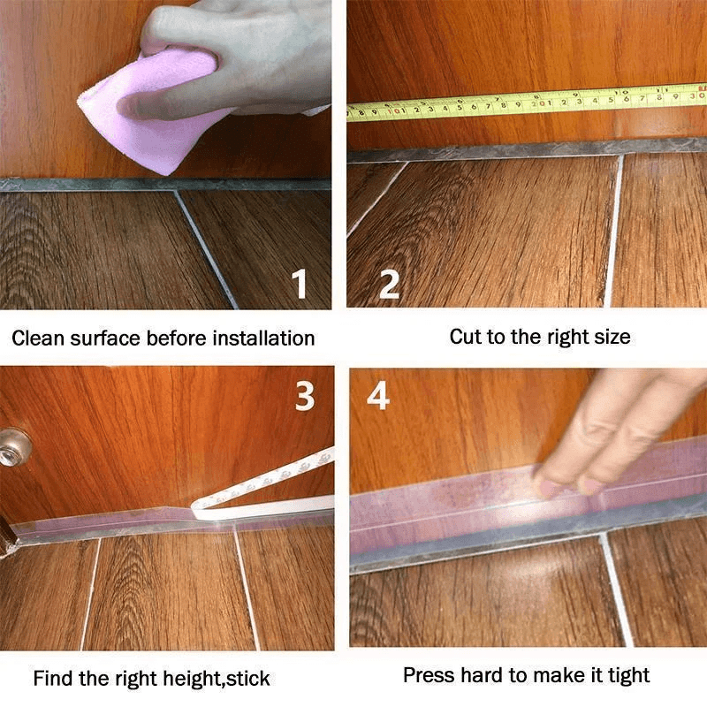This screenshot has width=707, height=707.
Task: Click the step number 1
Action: coord(300,285)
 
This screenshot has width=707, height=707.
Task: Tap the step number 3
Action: coord(304,397)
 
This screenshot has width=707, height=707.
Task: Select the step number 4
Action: coord(378,397)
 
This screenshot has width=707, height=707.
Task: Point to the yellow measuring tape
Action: coord(530,103)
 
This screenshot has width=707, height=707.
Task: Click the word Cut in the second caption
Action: coord(466,337)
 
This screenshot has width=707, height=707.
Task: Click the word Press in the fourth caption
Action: coord(427,676)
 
